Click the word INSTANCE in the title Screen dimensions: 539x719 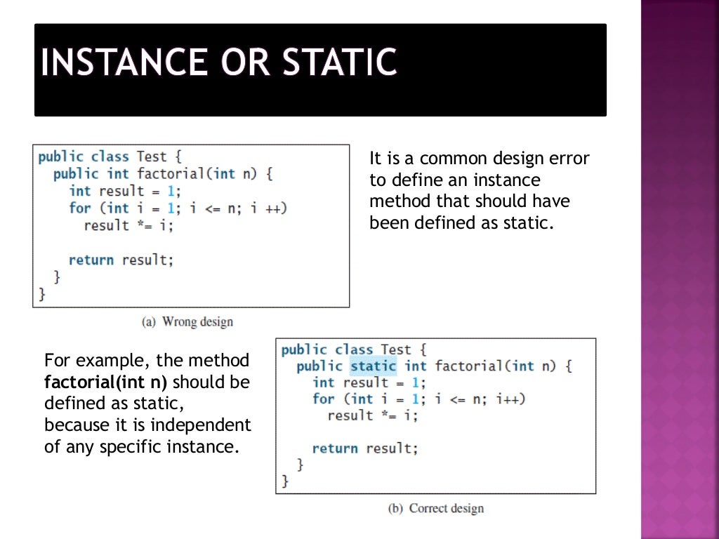122,62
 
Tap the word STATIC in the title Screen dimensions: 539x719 339,62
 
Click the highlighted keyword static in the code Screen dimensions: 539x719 373,366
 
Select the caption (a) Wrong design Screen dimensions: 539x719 187,322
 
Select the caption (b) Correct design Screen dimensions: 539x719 436,508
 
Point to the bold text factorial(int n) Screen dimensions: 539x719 105,382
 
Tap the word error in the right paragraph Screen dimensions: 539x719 571,159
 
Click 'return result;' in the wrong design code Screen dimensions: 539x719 121,260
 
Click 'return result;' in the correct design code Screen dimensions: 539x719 364,448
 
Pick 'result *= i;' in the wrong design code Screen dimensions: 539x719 128,225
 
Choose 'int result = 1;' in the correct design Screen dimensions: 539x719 369,382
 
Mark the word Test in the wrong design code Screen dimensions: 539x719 152,157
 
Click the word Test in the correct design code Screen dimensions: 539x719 396,349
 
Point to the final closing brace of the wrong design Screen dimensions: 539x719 41,294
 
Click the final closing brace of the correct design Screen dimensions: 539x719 285,481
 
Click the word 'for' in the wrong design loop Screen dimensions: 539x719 79,208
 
